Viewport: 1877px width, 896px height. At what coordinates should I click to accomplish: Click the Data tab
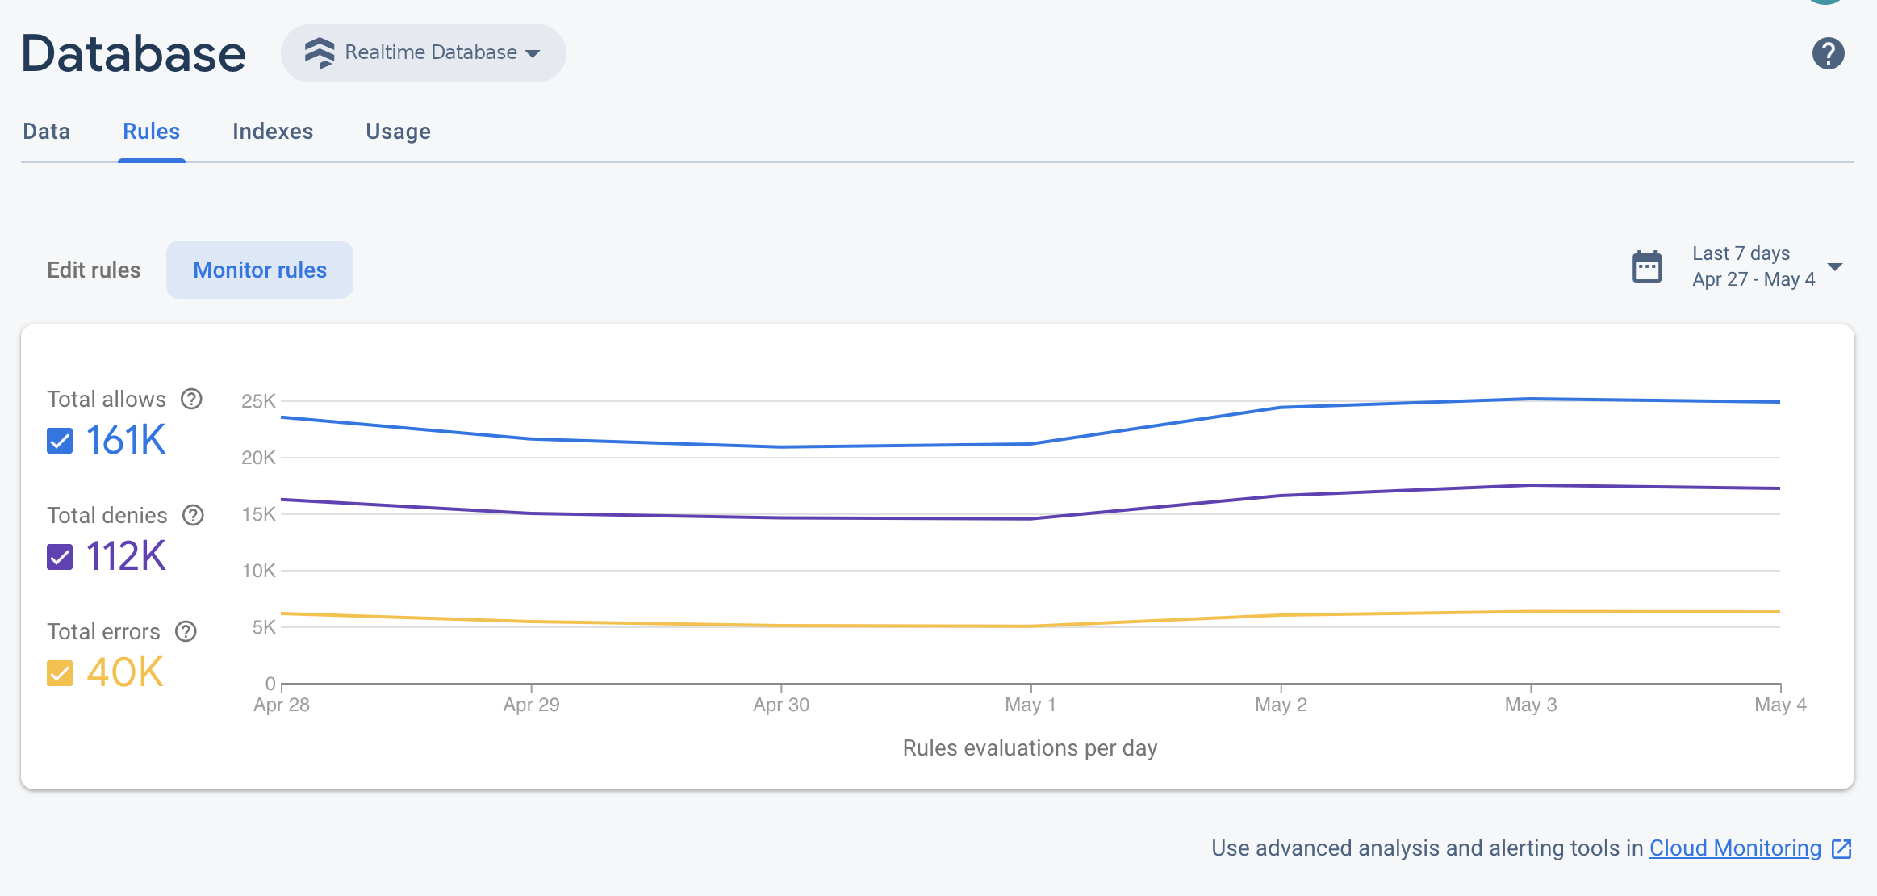47,132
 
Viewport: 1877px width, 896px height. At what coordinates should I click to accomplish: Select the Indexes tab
273,132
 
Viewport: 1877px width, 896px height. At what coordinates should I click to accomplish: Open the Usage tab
398,132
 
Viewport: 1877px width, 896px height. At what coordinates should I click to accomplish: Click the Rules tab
151,132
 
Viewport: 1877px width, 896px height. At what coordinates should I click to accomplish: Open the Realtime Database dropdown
423,53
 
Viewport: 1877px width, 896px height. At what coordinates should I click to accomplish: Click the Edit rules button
94,270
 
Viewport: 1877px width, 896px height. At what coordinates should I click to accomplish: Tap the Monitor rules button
260,270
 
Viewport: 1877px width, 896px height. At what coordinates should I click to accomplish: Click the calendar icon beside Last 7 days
1647,267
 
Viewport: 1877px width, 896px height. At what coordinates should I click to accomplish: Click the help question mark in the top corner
1828,54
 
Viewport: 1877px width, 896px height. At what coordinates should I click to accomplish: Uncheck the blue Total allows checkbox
60,441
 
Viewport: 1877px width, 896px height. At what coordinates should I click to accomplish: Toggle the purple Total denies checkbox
60,557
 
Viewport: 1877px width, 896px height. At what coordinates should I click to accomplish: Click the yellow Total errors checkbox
60,673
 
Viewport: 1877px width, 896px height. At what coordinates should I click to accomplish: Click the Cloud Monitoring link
1735,848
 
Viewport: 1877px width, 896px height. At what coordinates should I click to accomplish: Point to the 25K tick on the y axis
258,401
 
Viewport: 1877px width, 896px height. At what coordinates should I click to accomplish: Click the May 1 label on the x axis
1030,705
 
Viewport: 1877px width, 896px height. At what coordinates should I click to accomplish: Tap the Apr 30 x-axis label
780,705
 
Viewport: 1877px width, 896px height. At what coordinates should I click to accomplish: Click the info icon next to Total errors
186,631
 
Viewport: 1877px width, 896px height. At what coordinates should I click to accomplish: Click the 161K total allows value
126,441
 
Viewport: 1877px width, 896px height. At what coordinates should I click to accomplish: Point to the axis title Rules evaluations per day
1030,747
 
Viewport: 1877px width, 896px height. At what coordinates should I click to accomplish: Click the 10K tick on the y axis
258,571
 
